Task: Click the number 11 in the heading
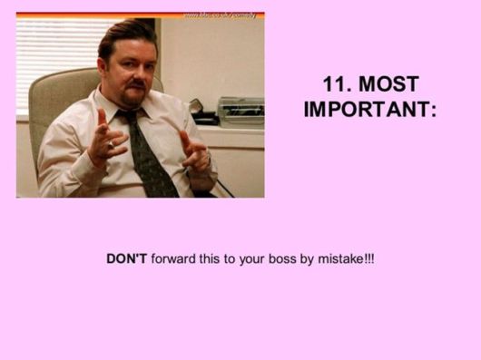point(335,84)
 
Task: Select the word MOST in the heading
point(389,84)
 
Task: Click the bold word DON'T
point(126,258)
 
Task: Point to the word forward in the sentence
point(175,258)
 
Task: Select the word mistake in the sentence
point(337,258)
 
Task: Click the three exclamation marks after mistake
point(368,258)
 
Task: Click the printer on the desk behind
point(240,111)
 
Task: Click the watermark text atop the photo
point(220,15)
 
